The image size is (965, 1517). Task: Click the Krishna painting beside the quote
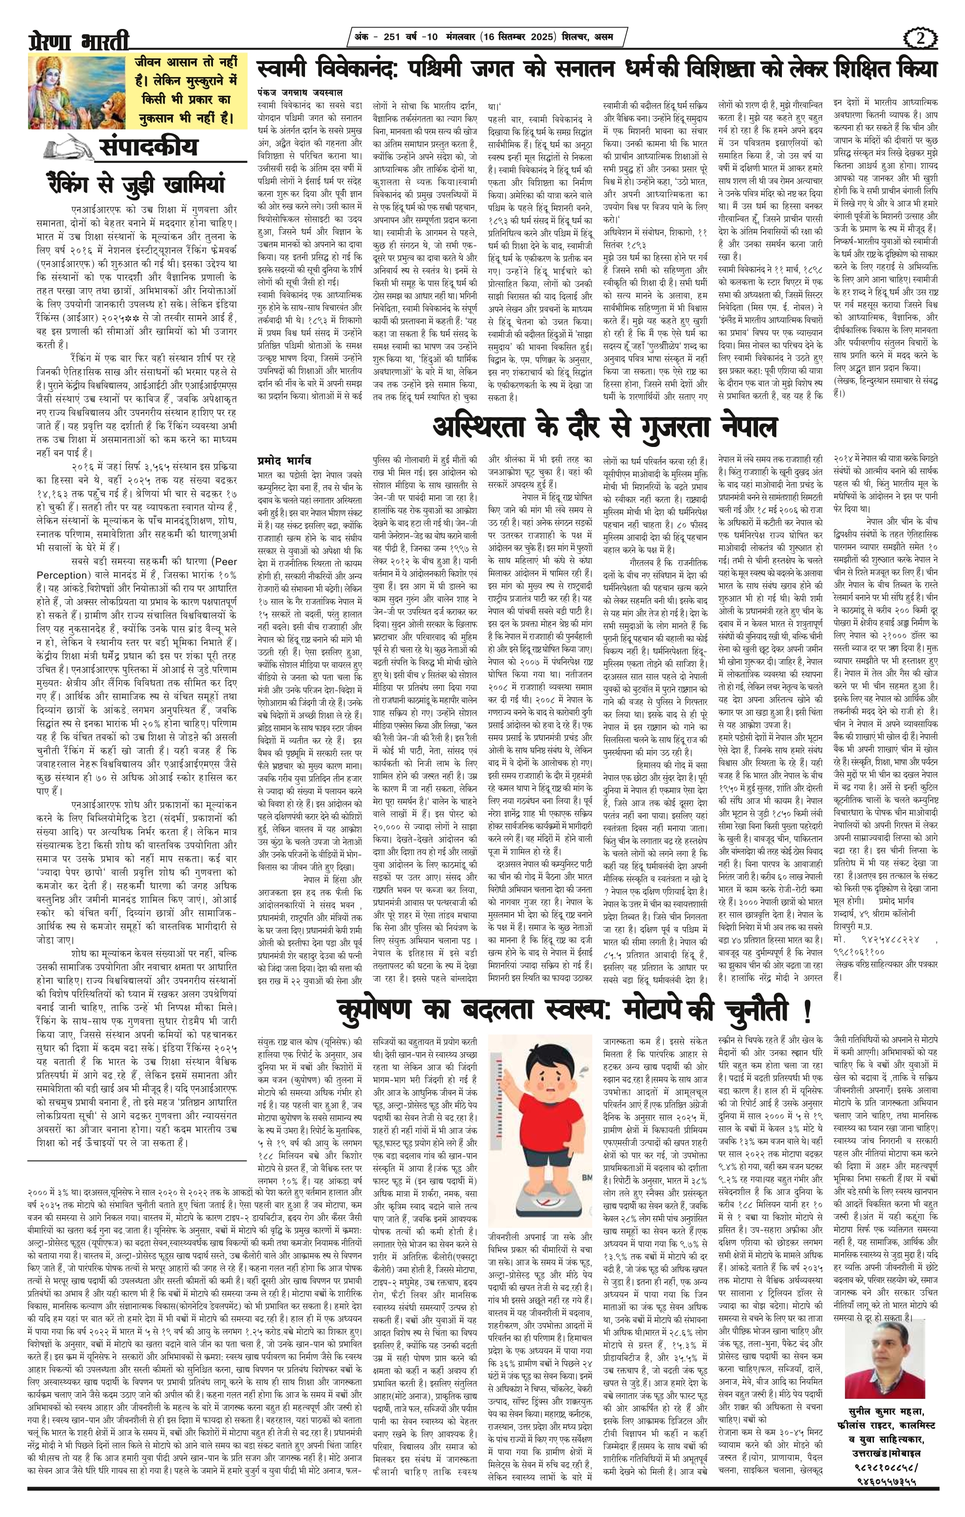point(75,92)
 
